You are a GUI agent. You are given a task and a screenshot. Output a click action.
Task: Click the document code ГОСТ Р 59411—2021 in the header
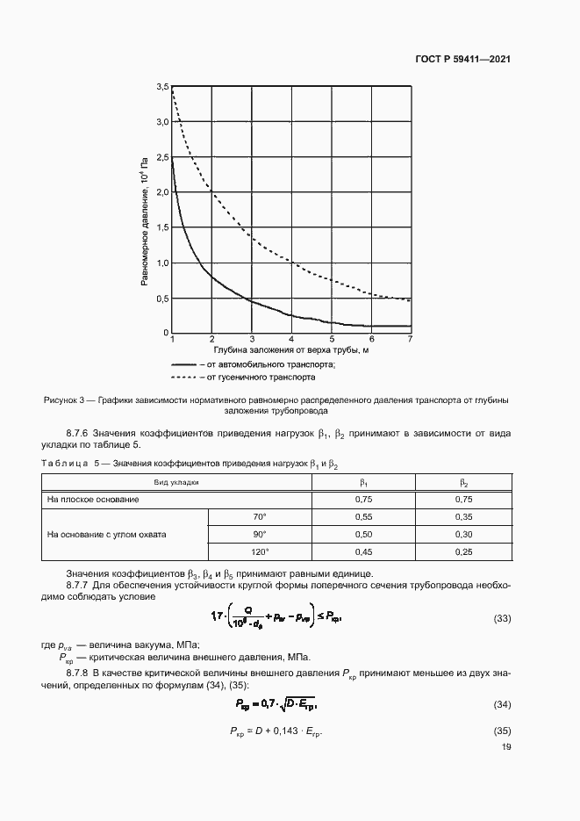(463, 60)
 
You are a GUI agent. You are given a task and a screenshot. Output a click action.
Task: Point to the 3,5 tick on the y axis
(161, 87)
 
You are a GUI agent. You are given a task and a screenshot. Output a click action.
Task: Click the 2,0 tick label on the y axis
(161, 192)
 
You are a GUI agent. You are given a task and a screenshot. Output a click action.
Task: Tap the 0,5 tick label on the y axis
(161, 299)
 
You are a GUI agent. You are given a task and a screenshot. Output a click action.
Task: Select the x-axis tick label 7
(410, 339)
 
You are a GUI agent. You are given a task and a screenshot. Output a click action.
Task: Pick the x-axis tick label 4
(291, 339)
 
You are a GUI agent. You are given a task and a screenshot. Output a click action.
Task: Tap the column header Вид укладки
(177, 482)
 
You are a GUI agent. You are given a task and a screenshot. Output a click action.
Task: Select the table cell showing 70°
(259, 516)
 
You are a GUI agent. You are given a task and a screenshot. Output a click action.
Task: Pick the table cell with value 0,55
(363, 516)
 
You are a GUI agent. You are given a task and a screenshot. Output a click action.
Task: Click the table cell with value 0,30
(465, 534)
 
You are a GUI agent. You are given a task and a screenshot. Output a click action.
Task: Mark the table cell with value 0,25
(465, 551)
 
